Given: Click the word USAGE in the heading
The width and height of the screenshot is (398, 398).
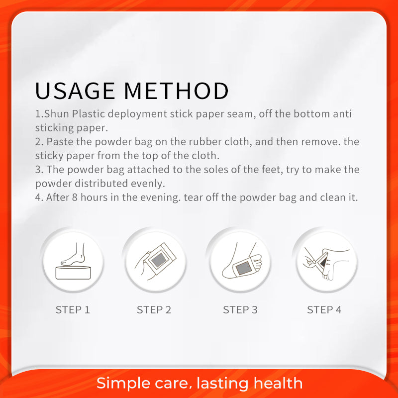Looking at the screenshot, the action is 75,91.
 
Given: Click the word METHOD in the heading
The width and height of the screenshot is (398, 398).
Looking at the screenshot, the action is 177,91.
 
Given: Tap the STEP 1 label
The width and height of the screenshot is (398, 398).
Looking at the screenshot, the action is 73,309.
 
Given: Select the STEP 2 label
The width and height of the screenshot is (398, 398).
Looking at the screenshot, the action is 154,309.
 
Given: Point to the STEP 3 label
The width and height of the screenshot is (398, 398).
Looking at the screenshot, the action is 240,309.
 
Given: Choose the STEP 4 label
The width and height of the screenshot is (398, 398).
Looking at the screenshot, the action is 324,309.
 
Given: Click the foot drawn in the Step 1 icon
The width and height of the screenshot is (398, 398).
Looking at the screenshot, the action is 74,255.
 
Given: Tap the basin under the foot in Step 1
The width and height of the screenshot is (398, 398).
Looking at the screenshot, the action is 73,273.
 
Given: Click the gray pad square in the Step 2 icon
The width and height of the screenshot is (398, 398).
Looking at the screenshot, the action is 159,260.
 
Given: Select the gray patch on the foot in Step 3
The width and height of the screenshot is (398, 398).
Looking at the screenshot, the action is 243,268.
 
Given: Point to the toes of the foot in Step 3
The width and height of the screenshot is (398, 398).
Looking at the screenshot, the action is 257,262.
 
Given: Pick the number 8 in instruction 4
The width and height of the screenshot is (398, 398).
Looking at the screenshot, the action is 75,198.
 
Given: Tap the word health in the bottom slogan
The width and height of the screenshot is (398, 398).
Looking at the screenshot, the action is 278,383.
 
